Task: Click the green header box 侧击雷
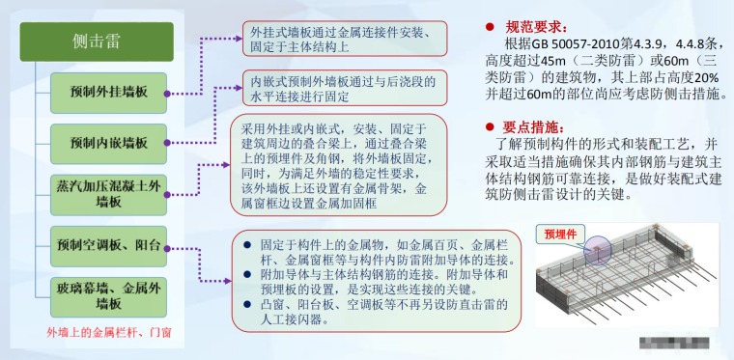94,42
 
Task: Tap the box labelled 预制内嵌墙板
109,143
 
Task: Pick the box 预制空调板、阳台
109,241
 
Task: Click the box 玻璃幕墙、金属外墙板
109,292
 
